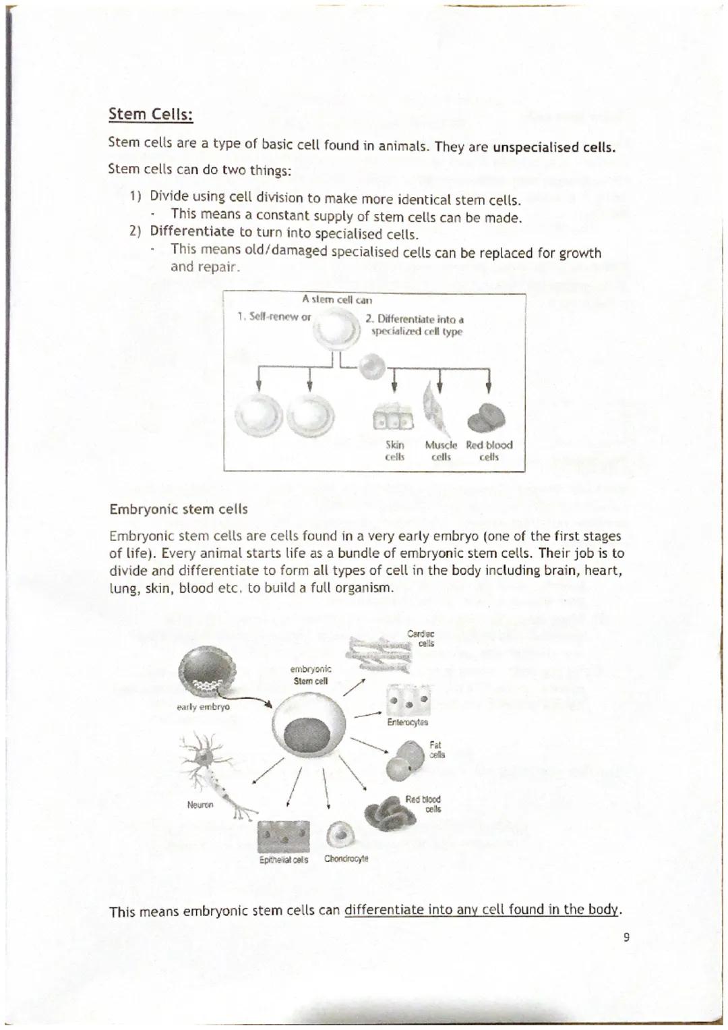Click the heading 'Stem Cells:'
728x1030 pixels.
coord(151,115)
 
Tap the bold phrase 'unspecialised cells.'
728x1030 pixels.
coord(554,147)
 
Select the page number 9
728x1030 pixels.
coord(626,937)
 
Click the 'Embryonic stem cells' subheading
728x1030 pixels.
coord(178,509)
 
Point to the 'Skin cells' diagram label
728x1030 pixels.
coord(394,451)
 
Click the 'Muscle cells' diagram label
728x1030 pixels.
coord(441,451)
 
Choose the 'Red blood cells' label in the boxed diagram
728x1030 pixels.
coord(489,451)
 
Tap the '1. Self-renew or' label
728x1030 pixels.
coord(273,316)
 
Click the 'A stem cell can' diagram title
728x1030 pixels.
coord(337,299)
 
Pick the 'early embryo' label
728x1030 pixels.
coord(203,707)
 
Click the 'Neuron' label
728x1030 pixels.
coord(200,805)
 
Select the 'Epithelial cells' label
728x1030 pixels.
coord(284,860)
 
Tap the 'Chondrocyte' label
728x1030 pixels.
coord(346,859)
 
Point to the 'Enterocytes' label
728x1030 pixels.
coord(407,722)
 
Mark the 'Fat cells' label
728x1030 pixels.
coord(436,749)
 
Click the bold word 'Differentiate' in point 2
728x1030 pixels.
coord(191,231)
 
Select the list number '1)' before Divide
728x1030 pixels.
coord(135,196)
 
